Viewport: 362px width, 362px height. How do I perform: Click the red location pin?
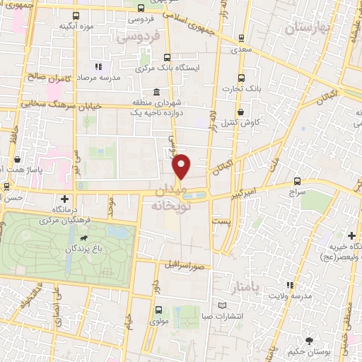pyautogui.click(x=182, y=166)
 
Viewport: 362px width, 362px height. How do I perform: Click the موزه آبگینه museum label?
pyautogui.click(x=78, y=26)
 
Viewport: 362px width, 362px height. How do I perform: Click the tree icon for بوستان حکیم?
pyautogui.click(x=308, y=341)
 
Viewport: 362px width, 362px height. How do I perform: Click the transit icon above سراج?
pyautogui.click(x=297, y=181)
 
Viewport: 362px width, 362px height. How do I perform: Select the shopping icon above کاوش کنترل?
pyautogui.click(x=241, y=111)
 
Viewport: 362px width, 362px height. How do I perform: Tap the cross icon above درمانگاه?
pyautogui.click(x=65, y=199)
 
